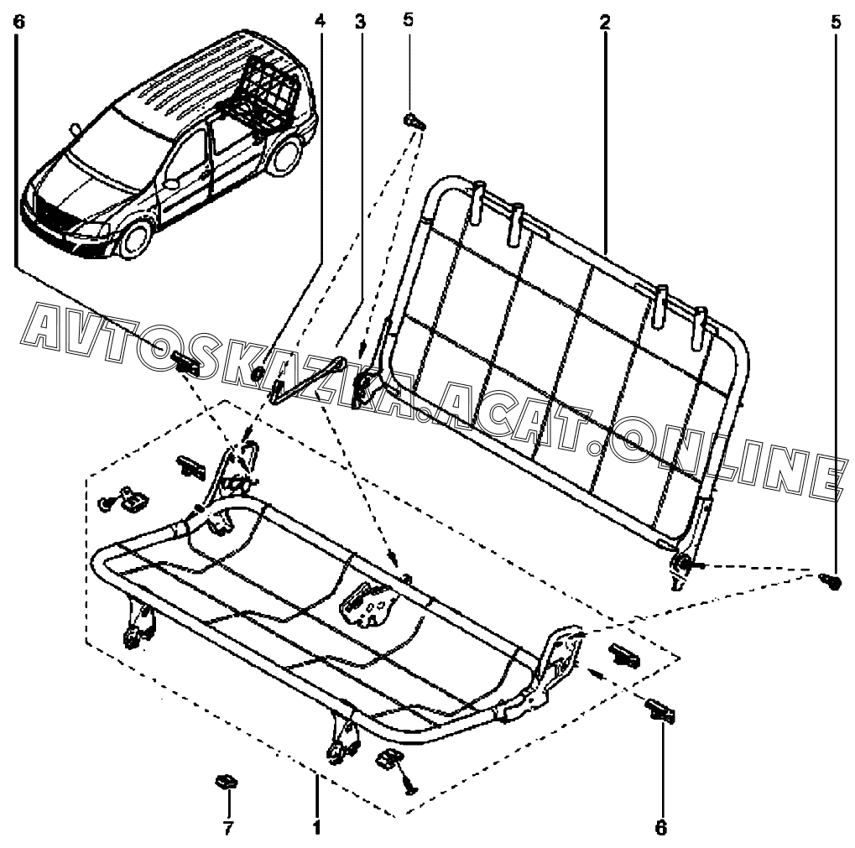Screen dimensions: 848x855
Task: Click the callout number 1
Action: tap(316, 828)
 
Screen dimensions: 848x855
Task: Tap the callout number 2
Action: tap(604, 22)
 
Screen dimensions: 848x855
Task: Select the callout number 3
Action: tap(360, 22)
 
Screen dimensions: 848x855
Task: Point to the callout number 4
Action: tap(320, 22)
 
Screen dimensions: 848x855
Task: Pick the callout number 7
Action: tap(227, 828)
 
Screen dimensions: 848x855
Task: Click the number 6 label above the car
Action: tap(19, 22)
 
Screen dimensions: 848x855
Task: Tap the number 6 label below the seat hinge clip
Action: tap(660, 828)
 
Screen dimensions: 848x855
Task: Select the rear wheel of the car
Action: tap(287, 155)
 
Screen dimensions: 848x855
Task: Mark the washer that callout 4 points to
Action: tap(258, 370)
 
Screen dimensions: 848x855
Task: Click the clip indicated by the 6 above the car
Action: tap(186, 363)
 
